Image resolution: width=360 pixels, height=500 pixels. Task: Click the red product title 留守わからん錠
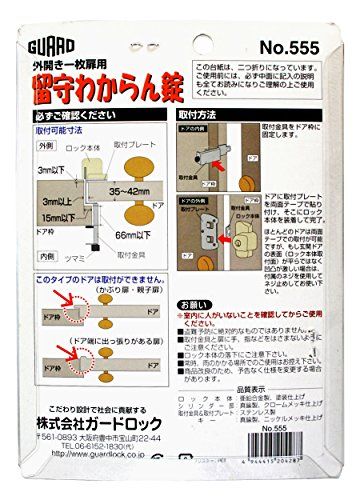(x=119, y=93)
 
